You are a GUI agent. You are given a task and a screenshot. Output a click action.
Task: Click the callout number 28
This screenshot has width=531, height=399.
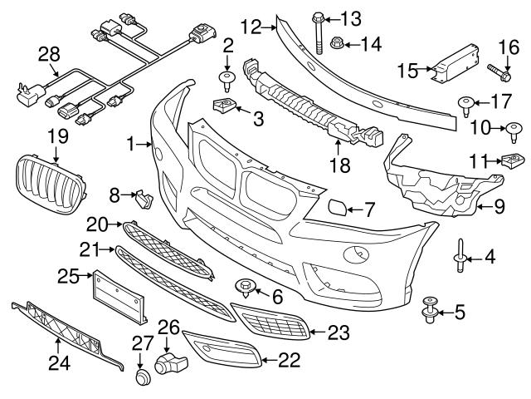pos(50,54)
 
